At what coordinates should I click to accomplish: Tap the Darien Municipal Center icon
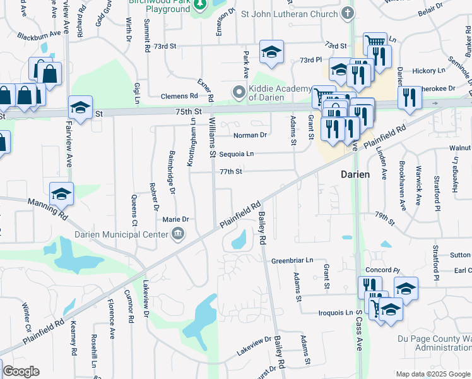point(178,235)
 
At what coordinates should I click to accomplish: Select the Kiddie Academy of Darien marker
point(239,93)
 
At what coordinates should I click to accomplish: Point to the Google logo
point(20,371)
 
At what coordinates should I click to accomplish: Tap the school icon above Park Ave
point(271,52)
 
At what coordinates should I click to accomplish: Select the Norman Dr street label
point(250,135)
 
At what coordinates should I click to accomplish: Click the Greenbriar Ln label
point(292,260)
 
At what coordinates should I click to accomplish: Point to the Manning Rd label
point(47,208)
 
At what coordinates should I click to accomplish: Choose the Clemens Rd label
point(179,97)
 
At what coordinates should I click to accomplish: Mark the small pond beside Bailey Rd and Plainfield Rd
point(239,239)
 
